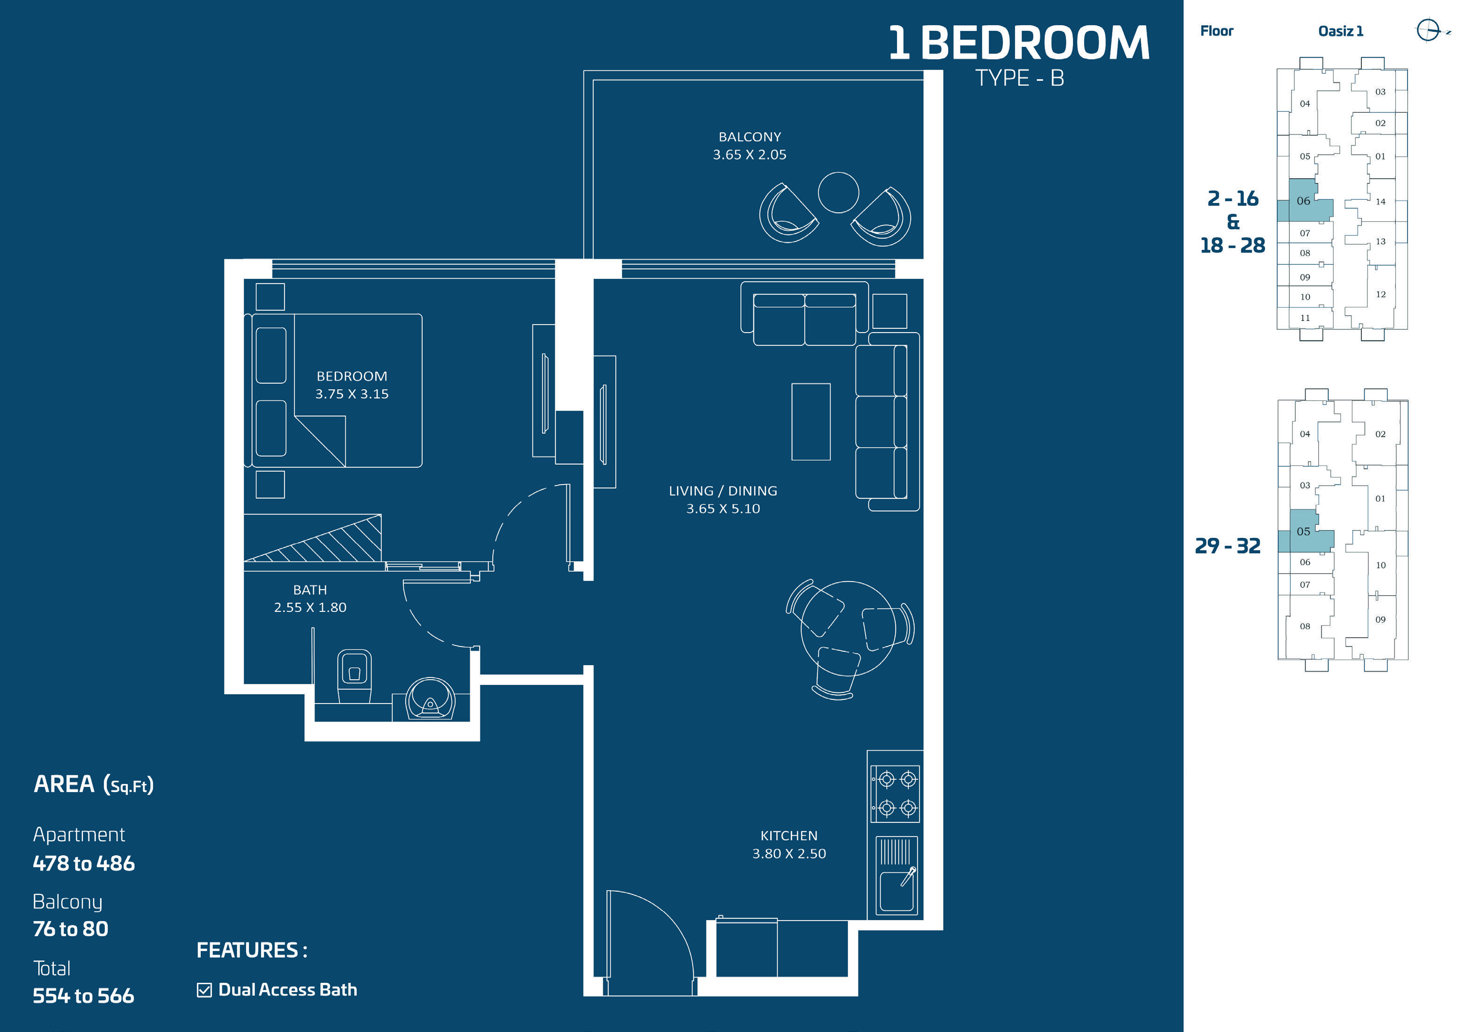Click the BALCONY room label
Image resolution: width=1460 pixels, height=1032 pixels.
click(750, 137)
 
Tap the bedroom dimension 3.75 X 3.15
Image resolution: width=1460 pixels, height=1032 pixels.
click(351, 394)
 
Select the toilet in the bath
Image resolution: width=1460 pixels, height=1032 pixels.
click(354, 675)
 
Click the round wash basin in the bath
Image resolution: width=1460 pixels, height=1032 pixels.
click(431, 698)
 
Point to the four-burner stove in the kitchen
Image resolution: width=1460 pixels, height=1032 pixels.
click(895, 793)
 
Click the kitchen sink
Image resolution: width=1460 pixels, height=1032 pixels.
click(897, 876)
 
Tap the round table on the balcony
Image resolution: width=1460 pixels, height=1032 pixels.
click(838, 192)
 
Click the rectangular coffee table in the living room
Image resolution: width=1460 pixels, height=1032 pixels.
click(811, 422)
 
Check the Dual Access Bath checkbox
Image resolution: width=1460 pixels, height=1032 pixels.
click(204, 990)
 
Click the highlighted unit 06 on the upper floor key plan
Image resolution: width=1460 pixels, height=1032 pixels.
click(1304, 201)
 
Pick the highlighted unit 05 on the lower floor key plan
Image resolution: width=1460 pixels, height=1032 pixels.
click(1304, 531)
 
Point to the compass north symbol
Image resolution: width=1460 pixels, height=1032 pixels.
click(1428, 30)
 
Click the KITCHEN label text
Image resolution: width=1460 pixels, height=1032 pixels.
click(789, 836)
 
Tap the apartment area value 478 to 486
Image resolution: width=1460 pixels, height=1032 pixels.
click(84, 864)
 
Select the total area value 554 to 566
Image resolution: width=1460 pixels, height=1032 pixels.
click(83, 996)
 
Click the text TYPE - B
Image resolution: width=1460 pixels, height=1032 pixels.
click(1019, 78)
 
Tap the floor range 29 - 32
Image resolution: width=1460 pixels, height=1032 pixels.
click(1227, 545)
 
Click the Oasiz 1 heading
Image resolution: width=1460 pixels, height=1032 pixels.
click(1341, 31)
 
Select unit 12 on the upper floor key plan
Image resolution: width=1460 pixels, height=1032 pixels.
click(1380, 294)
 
